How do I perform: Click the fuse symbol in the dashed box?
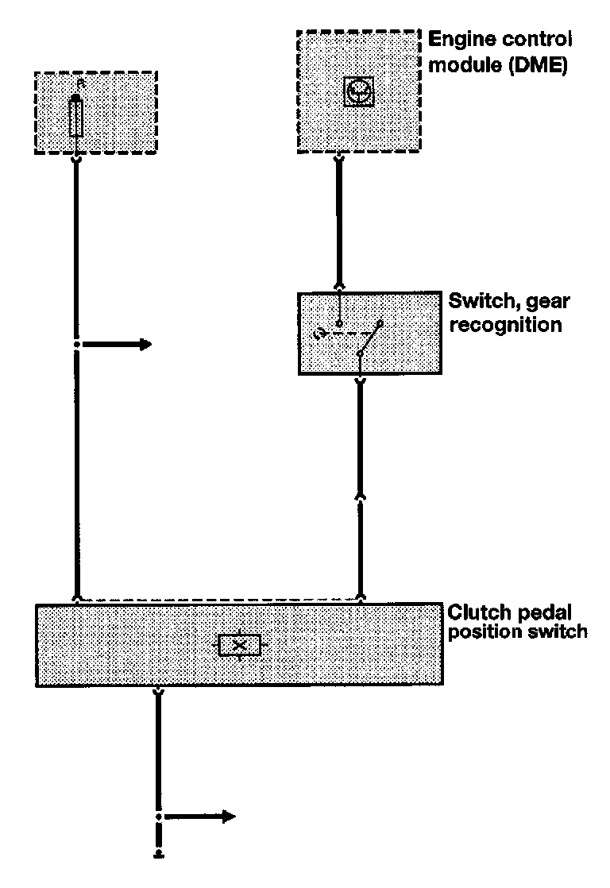[76, 116]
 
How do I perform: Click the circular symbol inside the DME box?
[357, 93]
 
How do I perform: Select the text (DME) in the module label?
[539, 68]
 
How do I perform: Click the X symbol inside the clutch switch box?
[239, 645]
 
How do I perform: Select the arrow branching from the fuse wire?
[119, 344]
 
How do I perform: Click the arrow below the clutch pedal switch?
[203, 817]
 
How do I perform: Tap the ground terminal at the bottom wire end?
[159, 855]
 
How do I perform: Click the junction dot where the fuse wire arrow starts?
[76, 344]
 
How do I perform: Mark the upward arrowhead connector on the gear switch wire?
[361, 496]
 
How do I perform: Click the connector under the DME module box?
[339, 160]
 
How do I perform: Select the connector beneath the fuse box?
[76, 160]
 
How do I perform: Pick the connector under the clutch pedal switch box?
[159, 693]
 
